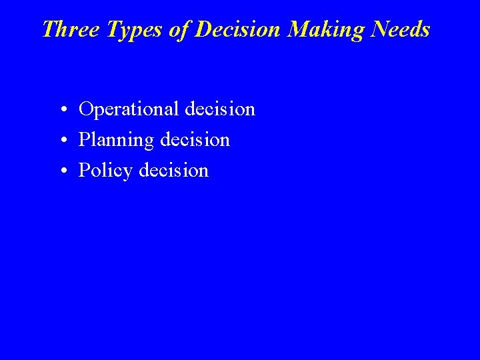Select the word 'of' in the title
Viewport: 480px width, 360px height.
tap(177, 29)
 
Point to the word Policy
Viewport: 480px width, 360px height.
tap(105, 171)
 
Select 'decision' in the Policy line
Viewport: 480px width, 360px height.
tap(173, 170)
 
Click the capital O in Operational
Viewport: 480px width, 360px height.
tap(86, 109)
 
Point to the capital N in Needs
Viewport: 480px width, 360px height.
tap(375, 29)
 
